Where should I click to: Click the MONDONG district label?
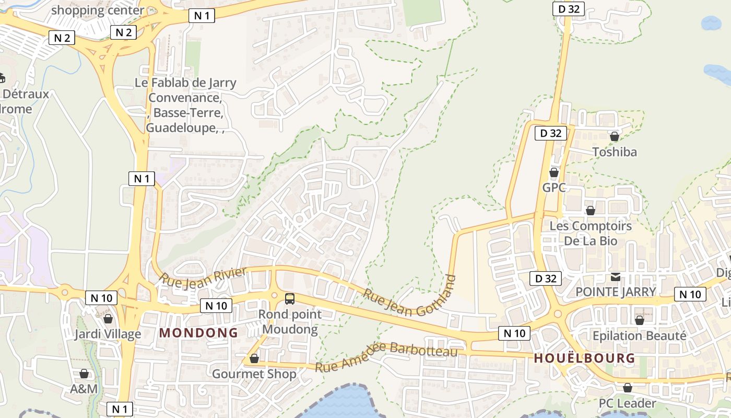198,333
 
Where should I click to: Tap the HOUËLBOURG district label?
584,358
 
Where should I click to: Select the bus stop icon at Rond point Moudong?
290,299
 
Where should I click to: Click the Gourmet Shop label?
254,374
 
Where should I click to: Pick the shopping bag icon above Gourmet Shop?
254,358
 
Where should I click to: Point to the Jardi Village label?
107,334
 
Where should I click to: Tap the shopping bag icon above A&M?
84,374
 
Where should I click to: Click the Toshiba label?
615,152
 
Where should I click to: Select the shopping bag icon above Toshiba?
615,136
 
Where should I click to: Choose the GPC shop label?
554,188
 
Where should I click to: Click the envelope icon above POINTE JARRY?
616,276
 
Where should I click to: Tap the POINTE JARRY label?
616,292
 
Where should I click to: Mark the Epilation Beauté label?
640,335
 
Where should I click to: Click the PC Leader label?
627,403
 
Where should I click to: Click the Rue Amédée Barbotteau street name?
386,357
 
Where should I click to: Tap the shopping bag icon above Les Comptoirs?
591,211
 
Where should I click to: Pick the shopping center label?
98,10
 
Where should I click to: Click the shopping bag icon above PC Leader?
628,388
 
